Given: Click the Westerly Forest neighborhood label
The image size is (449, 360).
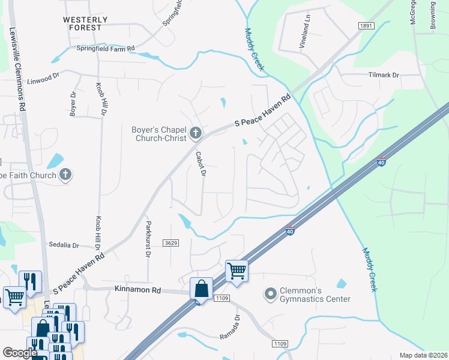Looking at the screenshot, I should (x=86, y=23).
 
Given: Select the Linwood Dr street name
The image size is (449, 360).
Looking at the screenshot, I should (x=44, y=76).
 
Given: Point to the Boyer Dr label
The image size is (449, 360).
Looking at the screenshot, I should (x=73, y=103).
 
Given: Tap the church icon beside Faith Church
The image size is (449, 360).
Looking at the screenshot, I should (x=66, y=175).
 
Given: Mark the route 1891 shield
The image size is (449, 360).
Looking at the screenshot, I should (x=366, y=26).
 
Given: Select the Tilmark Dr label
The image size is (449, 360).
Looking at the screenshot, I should (x=383, y=76).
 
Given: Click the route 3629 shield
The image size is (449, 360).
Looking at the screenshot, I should (x=170, y=242).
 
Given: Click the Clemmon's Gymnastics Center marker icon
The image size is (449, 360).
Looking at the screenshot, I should (x=270, y=294).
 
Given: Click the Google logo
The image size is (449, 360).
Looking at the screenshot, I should (x=20, y=353).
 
